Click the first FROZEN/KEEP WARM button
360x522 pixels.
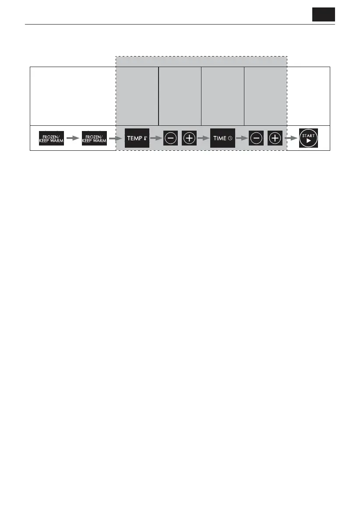click(x=51, y=138)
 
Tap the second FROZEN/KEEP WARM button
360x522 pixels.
click(x=95, y=138)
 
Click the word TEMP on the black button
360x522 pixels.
click(x=134, y=138)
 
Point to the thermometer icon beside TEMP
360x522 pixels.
click(x=145, y=138)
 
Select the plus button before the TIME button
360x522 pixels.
click(x=189, y=138)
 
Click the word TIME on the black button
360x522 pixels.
click(x=220, y=138)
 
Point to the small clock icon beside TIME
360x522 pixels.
click(x=230, y=138)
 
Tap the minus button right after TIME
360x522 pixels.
click(x=257, y=138)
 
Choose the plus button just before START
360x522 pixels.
click(x=275, y=138)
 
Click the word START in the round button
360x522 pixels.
click(x=308, y=136)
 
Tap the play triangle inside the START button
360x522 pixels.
click(x=308, y=142)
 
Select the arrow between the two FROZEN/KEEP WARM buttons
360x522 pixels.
click(x=73, y=138)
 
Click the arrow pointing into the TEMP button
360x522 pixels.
click(x=116, y=138)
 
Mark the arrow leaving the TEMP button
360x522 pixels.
click(x=156, y=138)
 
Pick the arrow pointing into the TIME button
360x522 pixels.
click(x=203, y=138)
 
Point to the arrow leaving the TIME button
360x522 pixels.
click(x=242, y=138)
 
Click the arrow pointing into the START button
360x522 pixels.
click(x=290, y=138)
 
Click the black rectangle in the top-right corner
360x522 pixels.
click(x=323, y=14)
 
